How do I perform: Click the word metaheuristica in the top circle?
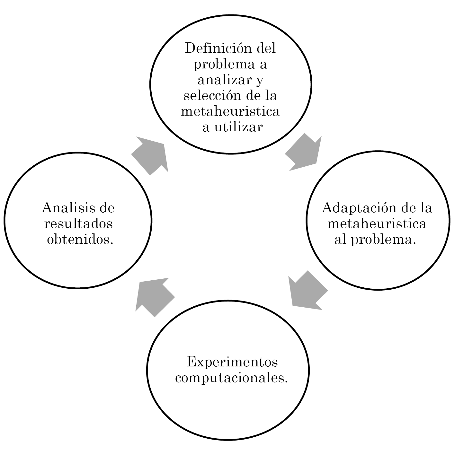(230, 111)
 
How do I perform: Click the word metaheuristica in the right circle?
(377, 223)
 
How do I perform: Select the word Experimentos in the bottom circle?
(232, 362)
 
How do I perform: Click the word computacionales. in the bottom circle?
(231, 378)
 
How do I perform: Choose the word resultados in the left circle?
(78, 223)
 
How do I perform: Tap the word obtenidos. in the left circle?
(80, 240)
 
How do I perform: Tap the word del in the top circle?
(266, 48)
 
